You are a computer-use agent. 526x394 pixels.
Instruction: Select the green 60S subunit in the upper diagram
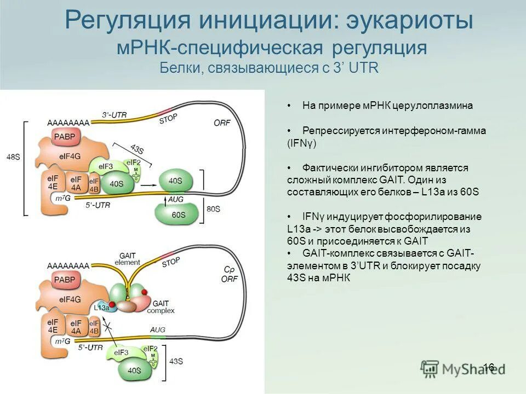pos(178,215)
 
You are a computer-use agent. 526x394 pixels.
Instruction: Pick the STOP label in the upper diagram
pos(168,119)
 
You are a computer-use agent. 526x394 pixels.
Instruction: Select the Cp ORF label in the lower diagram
pos(228,275)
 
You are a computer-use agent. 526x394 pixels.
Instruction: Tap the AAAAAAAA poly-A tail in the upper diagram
pos(68,122)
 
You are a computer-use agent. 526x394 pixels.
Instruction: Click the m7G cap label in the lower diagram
pos(63,340)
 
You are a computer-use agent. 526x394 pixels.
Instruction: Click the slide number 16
pos(488,367)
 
